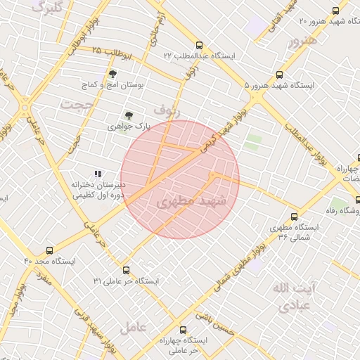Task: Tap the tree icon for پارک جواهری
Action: tap(128, 115)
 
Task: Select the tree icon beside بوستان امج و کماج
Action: tap(112, 73)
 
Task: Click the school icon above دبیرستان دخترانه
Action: tap(98, 173)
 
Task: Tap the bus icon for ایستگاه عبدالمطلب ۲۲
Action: tap(199, 44)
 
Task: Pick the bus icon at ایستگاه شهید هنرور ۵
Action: tap(279, 75)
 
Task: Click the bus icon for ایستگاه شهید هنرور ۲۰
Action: tap(335, 11)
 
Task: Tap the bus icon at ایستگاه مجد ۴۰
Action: tap(49, 250)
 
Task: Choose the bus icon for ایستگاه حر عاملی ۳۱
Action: tap(126, 270)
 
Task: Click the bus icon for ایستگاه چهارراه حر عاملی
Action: tap(183, 330)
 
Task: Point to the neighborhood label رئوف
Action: tap(167, 110)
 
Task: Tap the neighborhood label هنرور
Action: tap(303, 40)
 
